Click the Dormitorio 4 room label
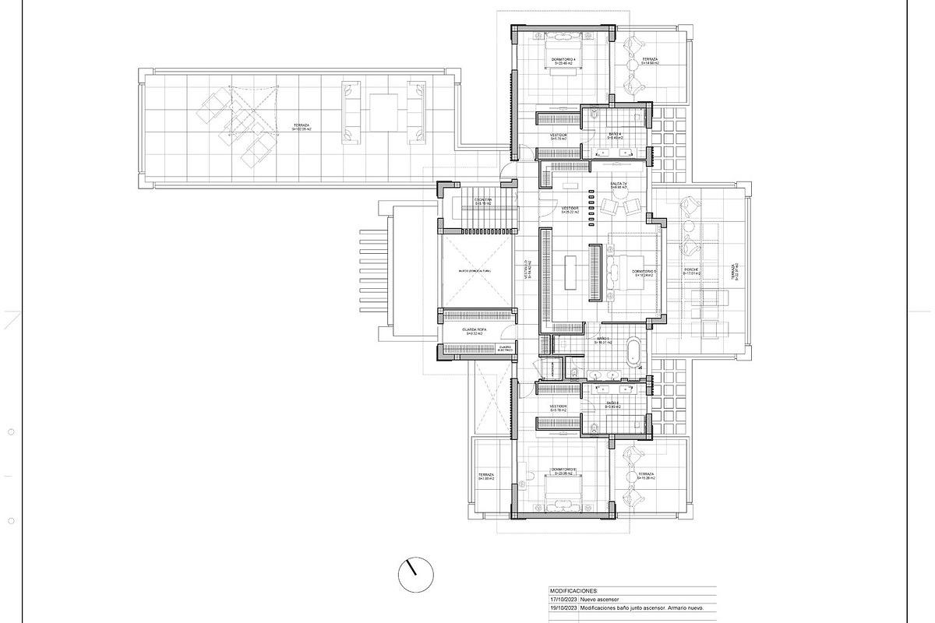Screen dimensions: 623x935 tap(563, 61)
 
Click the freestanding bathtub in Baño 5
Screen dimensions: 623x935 tap(633, 352)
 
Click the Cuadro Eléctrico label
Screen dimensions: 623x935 tap(505, 348)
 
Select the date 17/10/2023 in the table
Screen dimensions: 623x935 tap(566, 599)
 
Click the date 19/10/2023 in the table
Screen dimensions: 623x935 tap(566, 607)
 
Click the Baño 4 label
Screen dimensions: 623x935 tap(615, 136)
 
